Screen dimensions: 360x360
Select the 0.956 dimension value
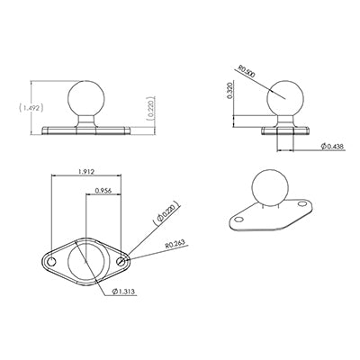click(105, 192)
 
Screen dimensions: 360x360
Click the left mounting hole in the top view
click(52, 260)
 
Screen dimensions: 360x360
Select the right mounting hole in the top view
click(121, 260)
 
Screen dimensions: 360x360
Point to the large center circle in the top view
click(87, 259)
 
